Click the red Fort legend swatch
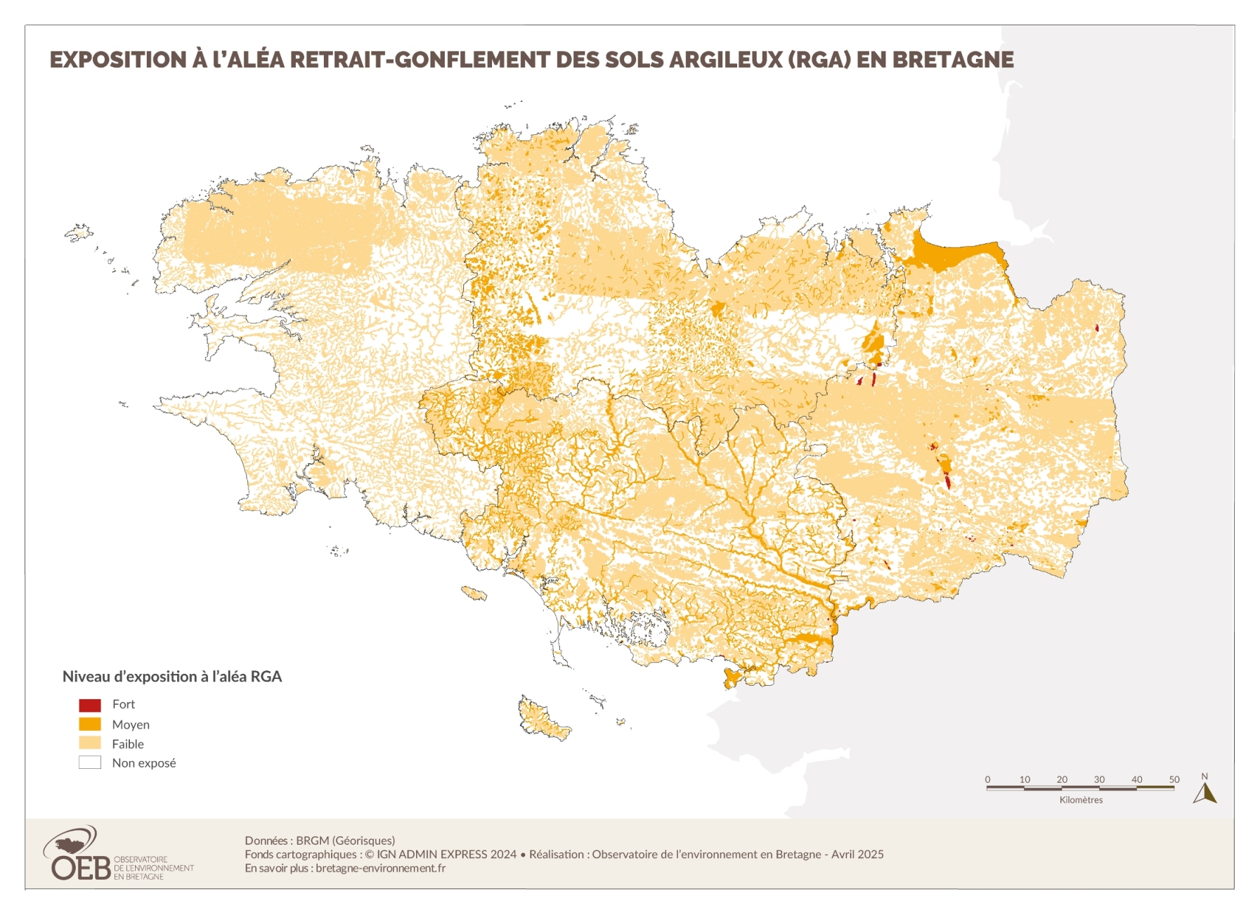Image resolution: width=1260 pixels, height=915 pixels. (x=90, y=705)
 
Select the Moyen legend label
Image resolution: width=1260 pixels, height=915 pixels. (x=131, y=725)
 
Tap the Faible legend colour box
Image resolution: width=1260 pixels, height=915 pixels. (x=90, y=743)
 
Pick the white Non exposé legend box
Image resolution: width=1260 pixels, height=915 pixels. (x=90, y=762)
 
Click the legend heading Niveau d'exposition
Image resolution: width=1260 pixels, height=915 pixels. (x=171, y=677)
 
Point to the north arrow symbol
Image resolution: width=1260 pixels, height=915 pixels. (x=1204, y=791)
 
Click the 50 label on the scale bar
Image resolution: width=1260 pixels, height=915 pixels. (x=1174, y=779)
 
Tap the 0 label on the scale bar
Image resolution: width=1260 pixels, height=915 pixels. (x=987, y=779)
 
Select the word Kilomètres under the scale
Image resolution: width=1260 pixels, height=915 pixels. (x=1081, y=800)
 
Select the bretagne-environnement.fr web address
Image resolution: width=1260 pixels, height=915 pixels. (x=380, y=868)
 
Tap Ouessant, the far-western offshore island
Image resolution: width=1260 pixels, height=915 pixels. (x=78, y=232)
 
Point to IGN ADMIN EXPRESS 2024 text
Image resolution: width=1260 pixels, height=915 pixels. (x=446, y=855)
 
